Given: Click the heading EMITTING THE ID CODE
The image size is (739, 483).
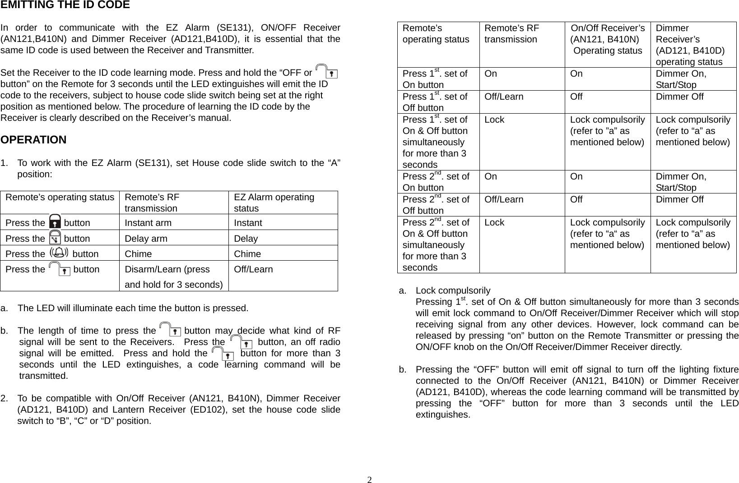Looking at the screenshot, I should (x=65, y=5).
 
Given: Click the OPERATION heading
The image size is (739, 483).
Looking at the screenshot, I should (x=33, y=140).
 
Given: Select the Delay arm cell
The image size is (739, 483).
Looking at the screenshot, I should (x=146, y=239).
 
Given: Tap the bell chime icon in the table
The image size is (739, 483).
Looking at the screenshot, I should (x=59, y=253).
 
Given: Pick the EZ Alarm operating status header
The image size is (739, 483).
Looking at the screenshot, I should (x=274, y=202).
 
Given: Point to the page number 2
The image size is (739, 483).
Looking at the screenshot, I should (x=369, y=479).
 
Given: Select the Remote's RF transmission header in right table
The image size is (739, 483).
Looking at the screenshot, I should (x=511, y=34).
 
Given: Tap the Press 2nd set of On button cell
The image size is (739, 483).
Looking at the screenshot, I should (x=435, y=182).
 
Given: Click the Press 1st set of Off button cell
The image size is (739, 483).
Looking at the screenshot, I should (x=435, y=102).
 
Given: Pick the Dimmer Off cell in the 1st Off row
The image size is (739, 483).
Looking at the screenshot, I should (x=679, y=97).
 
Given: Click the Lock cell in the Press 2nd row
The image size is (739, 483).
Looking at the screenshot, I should (x=494, y=222).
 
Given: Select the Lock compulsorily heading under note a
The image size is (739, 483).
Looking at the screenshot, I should (x=453, y=290).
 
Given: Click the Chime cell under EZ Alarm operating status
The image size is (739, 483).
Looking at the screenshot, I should (x=247, y=254).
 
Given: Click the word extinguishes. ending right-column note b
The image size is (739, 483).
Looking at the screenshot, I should (x=442, y=414).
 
